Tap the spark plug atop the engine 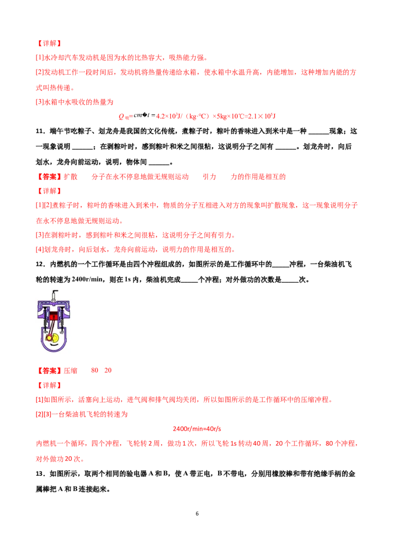tap(54, 295)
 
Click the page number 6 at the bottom tap(197, 514)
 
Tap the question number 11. tap(40, 131)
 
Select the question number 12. tap(40, 264)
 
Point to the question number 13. tap(40, 474)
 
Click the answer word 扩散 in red tap(70, 177)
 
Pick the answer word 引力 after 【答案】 tap(209, 177)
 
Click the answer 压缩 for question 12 tap(70, 371)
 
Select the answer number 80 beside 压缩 tap(95, 371)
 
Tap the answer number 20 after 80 tap(108, 371)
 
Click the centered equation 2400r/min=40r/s tap(197, 429)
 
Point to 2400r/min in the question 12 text tap(87, 279)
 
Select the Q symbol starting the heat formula tap(121, 116)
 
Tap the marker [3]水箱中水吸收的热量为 tap(74, 102)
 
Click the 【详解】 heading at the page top tap(49, 43)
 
